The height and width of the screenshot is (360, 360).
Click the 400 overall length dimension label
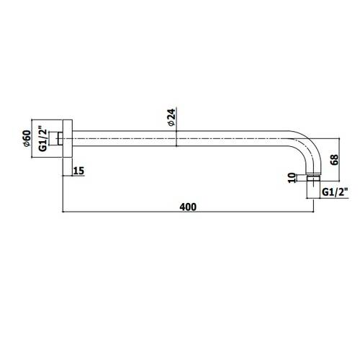(x=188, y=207)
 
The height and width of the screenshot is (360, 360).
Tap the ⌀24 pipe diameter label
(x=172, y=117)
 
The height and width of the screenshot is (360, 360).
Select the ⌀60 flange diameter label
(x=27, y=138)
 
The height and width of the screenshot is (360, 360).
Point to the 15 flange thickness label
(x=79, y=171)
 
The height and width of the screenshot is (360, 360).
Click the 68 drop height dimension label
(x=334, y=159)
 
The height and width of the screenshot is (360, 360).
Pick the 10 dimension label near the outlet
(x=292, y=178)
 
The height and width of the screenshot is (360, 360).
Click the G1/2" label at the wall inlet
(x=42, y=138)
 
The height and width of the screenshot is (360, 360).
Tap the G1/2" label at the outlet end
(x=335, y=192)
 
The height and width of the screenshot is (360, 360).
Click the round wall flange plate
(x=68, y=138)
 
